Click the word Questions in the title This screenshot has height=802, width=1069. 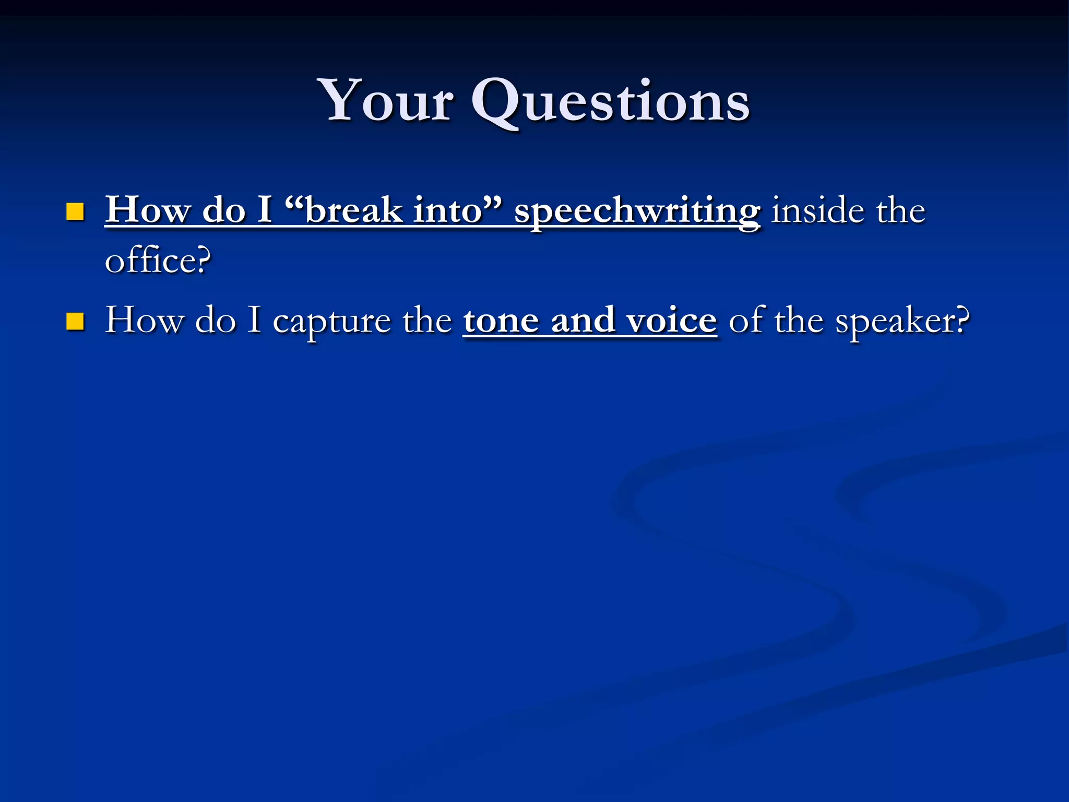611,102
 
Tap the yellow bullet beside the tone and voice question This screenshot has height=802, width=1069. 75,322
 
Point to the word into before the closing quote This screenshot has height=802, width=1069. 448,210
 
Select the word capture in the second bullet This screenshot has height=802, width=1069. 331,322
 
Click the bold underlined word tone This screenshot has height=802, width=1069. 501,320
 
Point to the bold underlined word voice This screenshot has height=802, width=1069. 672,320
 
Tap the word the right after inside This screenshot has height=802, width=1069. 900,210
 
